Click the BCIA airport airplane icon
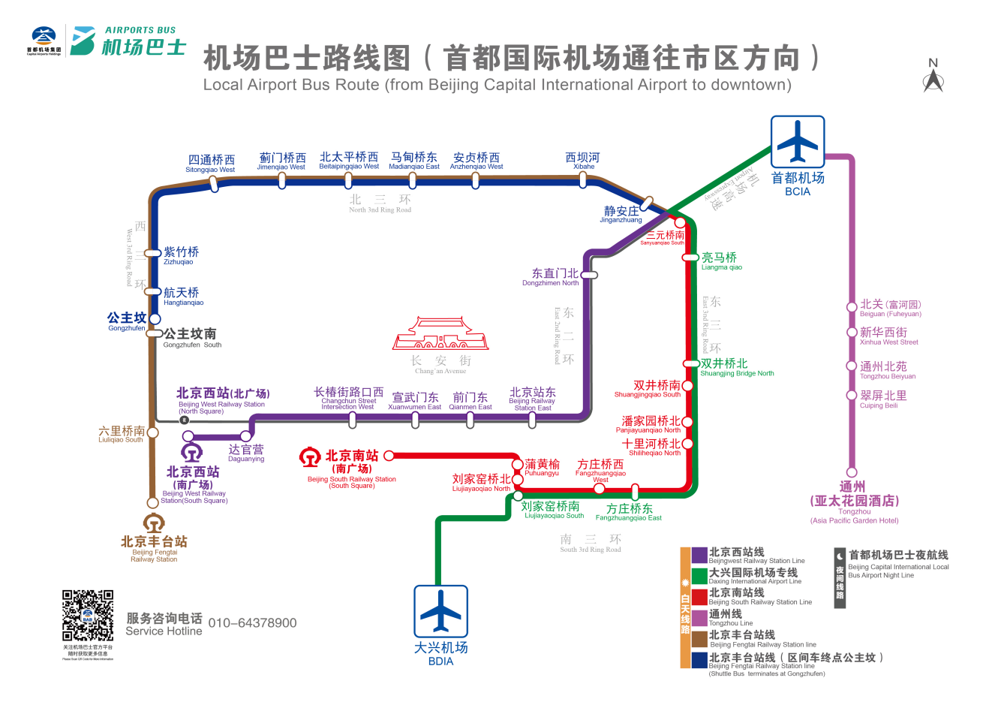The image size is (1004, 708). (798, 142)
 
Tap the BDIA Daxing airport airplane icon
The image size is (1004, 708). (440, 611)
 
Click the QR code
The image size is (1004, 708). (88, 616)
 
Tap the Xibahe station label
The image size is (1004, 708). (583, 161)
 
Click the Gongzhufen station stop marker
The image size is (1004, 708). (155, 318)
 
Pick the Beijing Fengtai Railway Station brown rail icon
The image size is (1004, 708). (154, 523)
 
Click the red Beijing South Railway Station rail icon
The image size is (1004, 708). (310, 457)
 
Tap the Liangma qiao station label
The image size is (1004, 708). (720, 261)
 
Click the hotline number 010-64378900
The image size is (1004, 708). (252, 623)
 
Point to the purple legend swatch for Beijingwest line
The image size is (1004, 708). (699, 556)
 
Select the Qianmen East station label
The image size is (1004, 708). (470, 401)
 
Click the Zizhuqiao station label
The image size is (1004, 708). (181, 255)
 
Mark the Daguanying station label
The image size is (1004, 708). (246, 453)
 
